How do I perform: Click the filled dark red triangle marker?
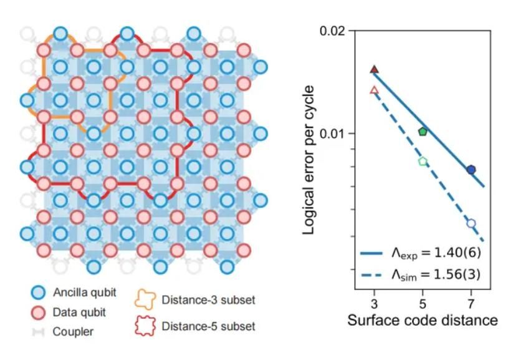point(375,70)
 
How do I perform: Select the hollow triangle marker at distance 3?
point(375,90)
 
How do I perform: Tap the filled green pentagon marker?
point(423,132)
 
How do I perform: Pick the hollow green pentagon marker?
point(423,162)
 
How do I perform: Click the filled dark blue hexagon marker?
point(471,170)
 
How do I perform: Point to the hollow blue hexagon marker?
point(471,223)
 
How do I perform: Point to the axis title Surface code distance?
point(422,321)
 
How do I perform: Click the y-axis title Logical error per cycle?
point(309,160)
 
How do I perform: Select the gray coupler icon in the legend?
point(39,332)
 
